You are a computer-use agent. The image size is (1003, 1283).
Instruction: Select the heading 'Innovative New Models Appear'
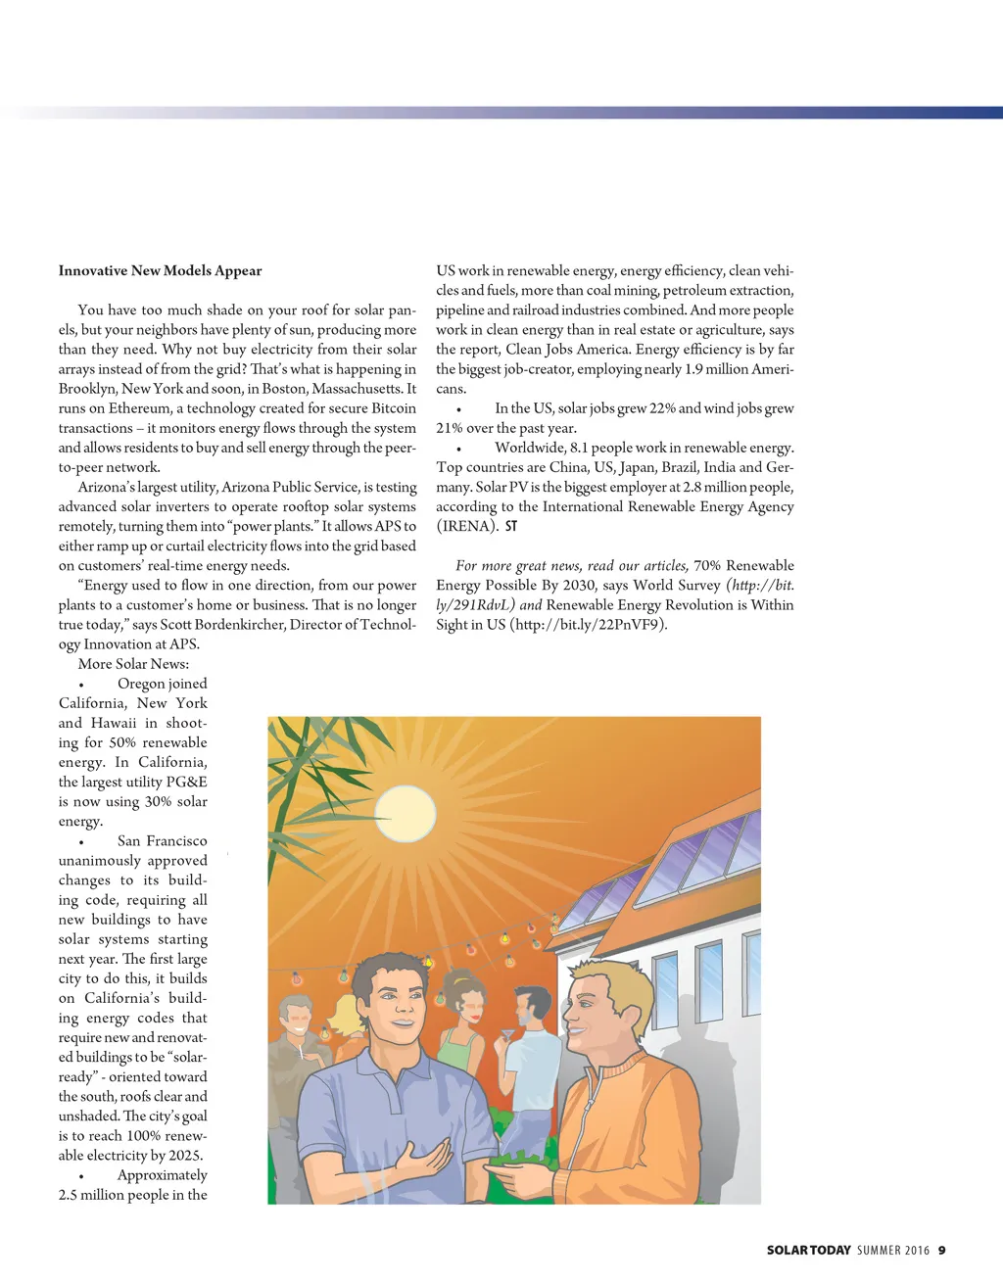160,271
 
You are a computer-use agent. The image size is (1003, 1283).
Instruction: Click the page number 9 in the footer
941,1250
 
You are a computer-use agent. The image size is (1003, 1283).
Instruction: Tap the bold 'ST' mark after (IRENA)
511,526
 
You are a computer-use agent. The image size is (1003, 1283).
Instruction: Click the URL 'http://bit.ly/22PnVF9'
587,625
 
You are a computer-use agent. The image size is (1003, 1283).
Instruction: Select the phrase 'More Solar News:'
133,664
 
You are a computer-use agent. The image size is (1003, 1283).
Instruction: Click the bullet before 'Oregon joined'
82,685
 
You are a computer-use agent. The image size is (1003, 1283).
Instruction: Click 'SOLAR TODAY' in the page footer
808,1250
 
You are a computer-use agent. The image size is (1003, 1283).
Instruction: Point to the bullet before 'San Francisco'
82,842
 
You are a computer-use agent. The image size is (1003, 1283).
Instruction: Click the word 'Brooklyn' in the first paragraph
86,389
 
